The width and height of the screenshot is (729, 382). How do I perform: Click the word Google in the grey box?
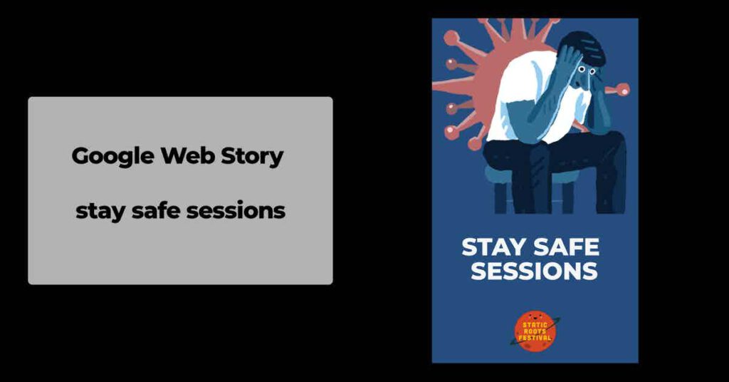pos(113,156)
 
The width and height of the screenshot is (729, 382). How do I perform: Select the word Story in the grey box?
pos(251,157)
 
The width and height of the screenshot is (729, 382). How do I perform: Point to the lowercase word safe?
pos(156,210)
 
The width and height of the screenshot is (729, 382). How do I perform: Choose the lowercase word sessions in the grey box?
pos(236,211)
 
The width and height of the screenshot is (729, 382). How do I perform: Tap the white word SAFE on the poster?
pos(566,247)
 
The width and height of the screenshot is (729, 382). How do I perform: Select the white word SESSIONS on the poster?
pos(534,271)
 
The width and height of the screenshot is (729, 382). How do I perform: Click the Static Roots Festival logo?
pos(535,331)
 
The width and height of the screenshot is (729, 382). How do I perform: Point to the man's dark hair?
pos(582,45)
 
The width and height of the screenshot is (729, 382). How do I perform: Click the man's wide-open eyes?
pos(587,71)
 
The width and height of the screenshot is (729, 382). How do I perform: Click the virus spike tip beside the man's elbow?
pos(624,89)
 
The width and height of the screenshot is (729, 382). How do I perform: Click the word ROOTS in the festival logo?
pos(535,331)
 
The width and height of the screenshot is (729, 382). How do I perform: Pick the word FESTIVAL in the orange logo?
pos(535,338)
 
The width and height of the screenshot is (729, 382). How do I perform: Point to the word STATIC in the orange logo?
pos(535,325)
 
